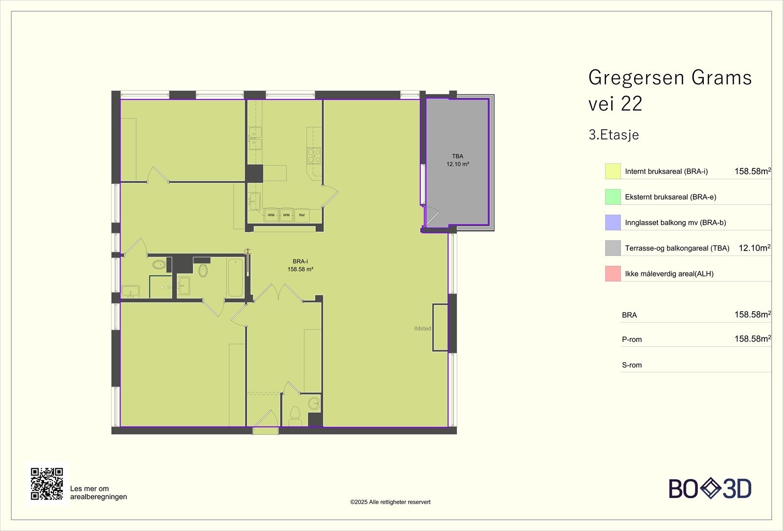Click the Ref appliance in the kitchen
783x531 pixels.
coord(302,215)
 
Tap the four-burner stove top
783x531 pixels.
coord(314,156)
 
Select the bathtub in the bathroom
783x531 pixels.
coord(235,277)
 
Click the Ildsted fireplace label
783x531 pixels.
coord(422,328)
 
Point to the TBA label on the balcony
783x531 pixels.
coord(458,156)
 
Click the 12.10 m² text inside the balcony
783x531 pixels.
coord(458,164)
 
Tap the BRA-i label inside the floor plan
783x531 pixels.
coord(300,261)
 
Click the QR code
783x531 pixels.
coord(47,484)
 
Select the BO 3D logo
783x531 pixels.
coord(710,488)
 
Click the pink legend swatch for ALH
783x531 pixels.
coord(613,274)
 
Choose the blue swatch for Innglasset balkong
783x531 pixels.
coord(613,223)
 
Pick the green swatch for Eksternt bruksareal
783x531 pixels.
coord(613,197)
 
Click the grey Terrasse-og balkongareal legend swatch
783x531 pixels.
coord(613,248)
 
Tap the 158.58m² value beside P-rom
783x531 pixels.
coord(752,339)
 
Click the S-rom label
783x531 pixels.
coord(632,365)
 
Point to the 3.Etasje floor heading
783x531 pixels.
coord(614,135)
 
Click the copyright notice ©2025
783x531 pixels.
coord(390,502)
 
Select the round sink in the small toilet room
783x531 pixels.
coord(314,403)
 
